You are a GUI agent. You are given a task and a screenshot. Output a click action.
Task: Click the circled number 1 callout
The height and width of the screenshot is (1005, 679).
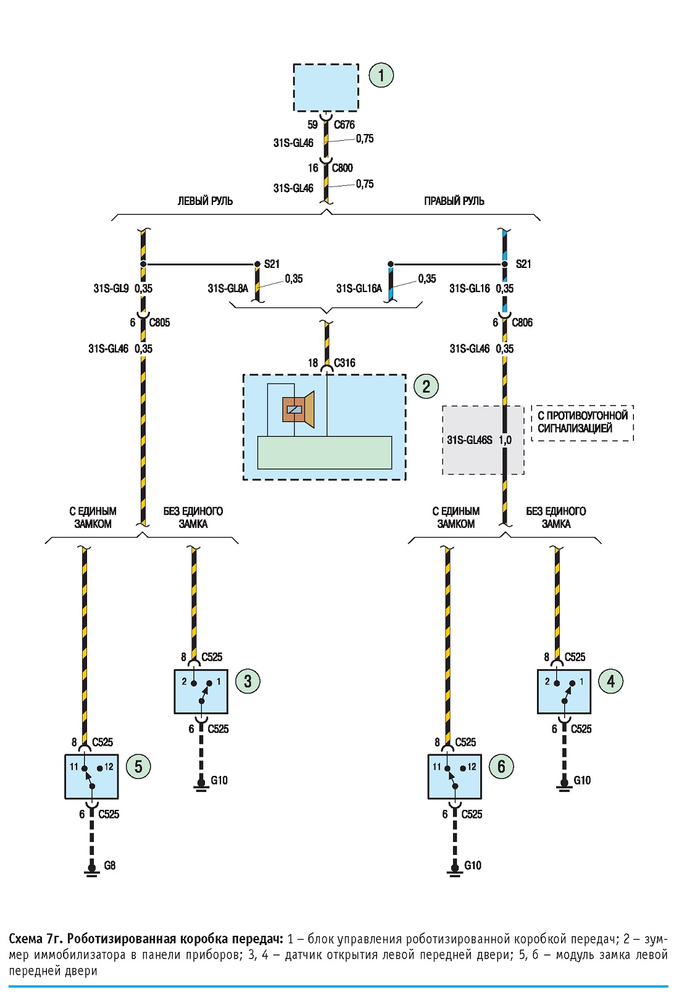381,75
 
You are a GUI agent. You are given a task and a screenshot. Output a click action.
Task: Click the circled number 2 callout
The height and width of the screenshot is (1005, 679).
426,386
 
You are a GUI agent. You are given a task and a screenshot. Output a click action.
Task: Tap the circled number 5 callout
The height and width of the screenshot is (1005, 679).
138,766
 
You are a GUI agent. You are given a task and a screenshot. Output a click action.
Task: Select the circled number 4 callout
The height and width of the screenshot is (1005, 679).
611,682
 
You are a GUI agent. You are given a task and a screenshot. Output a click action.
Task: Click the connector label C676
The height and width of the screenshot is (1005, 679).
344,125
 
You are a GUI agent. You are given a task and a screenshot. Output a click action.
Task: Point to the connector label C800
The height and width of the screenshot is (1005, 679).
342,168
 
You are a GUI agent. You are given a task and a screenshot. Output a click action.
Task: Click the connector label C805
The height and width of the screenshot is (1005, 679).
159,323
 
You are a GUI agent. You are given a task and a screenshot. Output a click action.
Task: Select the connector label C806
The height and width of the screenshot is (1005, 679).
522,323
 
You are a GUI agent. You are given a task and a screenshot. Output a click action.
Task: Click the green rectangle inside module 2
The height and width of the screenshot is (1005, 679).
325,452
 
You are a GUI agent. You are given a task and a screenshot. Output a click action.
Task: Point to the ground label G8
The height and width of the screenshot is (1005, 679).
110,865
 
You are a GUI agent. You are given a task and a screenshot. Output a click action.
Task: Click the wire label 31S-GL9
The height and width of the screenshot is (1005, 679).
111,288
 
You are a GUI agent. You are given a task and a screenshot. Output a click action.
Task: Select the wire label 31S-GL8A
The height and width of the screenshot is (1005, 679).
228,288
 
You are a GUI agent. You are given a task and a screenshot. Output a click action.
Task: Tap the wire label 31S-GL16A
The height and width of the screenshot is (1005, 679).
359,288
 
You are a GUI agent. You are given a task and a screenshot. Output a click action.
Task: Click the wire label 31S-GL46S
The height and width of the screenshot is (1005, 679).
470,440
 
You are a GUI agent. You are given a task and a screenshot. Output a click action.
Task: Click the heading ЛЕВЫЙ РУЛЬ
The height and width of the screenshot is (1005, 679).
205,201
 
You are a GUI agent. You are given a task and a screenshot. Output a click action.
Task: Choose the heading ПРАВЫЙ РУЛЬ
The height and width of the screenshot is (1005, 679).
454,201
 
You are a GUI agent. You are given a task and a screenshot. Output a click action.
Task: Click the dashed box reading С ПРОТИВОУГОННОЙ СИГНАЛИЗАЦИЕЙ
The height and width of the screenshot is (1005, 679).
583,423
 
